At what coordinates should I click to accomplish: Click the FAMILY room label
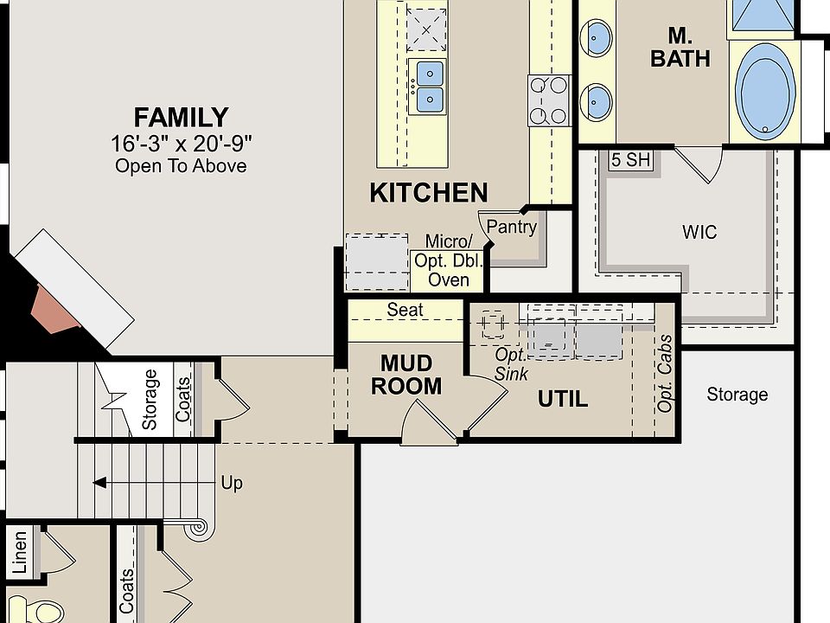(181, 118)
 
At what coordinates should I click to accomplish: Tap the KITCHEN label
(428, 192)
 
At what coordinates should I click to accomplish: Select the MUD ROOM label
(406, 375)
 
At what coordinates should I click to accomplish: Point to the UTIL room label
(563, 399)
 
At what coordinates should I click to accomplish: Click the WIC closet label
(699, 232)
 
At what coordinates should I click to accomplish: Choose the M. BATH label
(680, 47)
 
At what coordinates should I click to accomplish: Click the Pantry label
(511, 227)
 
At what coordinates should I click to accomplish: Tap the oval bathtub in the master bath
(765, 91)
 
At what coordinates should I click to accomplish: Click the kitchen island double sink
(430, 87)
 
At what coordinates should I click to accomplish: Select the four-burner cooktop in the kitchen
(549, 100)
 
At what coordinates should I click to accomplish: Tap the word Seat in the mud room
(405, 310)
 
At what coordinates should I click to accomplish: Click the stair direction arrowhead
(99, 483)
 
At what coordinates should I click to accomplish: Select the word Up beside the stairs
(232, 483)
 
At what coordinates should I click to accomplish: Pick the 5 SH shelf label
(630, 159)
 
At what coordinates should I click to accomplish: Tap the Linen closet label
(20, 553)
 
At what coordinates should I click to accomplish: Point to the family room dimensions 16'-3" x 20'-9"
(181, 144)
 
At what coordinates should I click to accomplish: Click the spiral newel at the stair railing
(200, 527)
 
